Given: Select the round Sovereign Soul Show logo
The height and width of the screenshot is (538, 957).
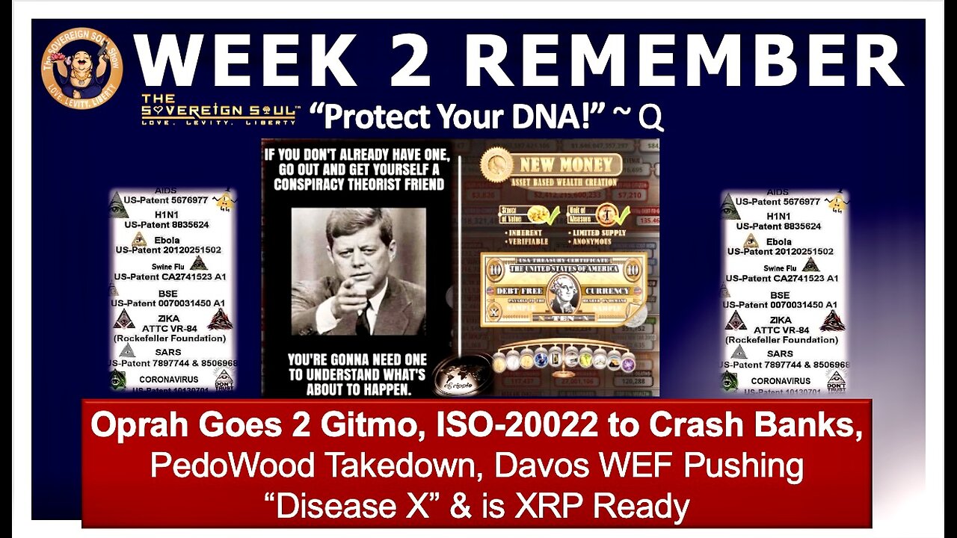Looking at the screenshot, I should tap(81, 69).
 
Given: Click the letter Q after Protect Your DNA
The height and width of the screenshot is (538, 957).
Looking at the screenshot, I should tap(651, 118).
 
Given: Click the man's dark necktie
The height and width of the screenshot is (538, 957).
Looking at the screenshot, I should tap(363, 318).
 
